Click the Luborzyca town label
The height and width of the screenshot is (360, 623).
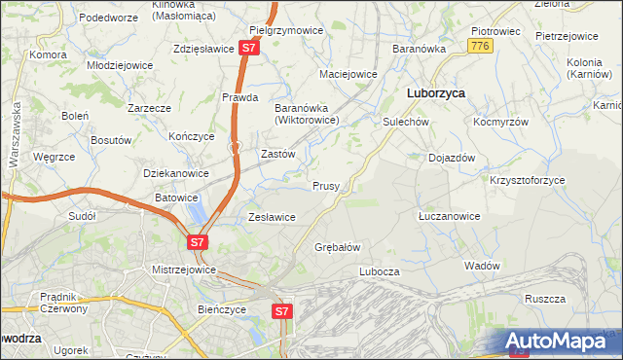434,93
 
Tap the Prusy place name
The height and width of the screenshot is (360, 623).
325,186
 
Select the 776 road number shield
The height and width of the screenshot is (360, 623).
478,46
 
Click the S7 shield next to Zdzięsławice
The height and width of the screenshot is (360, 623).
250,47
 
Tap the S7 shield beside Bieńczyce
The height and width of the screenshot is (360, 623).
281,311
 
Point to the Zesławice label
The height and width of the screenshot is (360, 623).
272,217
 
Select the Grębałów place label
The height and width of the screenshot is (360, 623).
338,247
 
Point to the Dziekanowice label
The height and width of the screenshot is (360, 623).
176,173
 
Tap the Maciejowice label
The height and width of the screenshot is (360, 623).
348,74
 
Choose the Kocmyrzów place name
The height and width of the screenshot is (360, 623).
500,123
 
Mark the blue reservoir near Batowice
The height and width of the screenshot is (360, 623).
198,211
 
